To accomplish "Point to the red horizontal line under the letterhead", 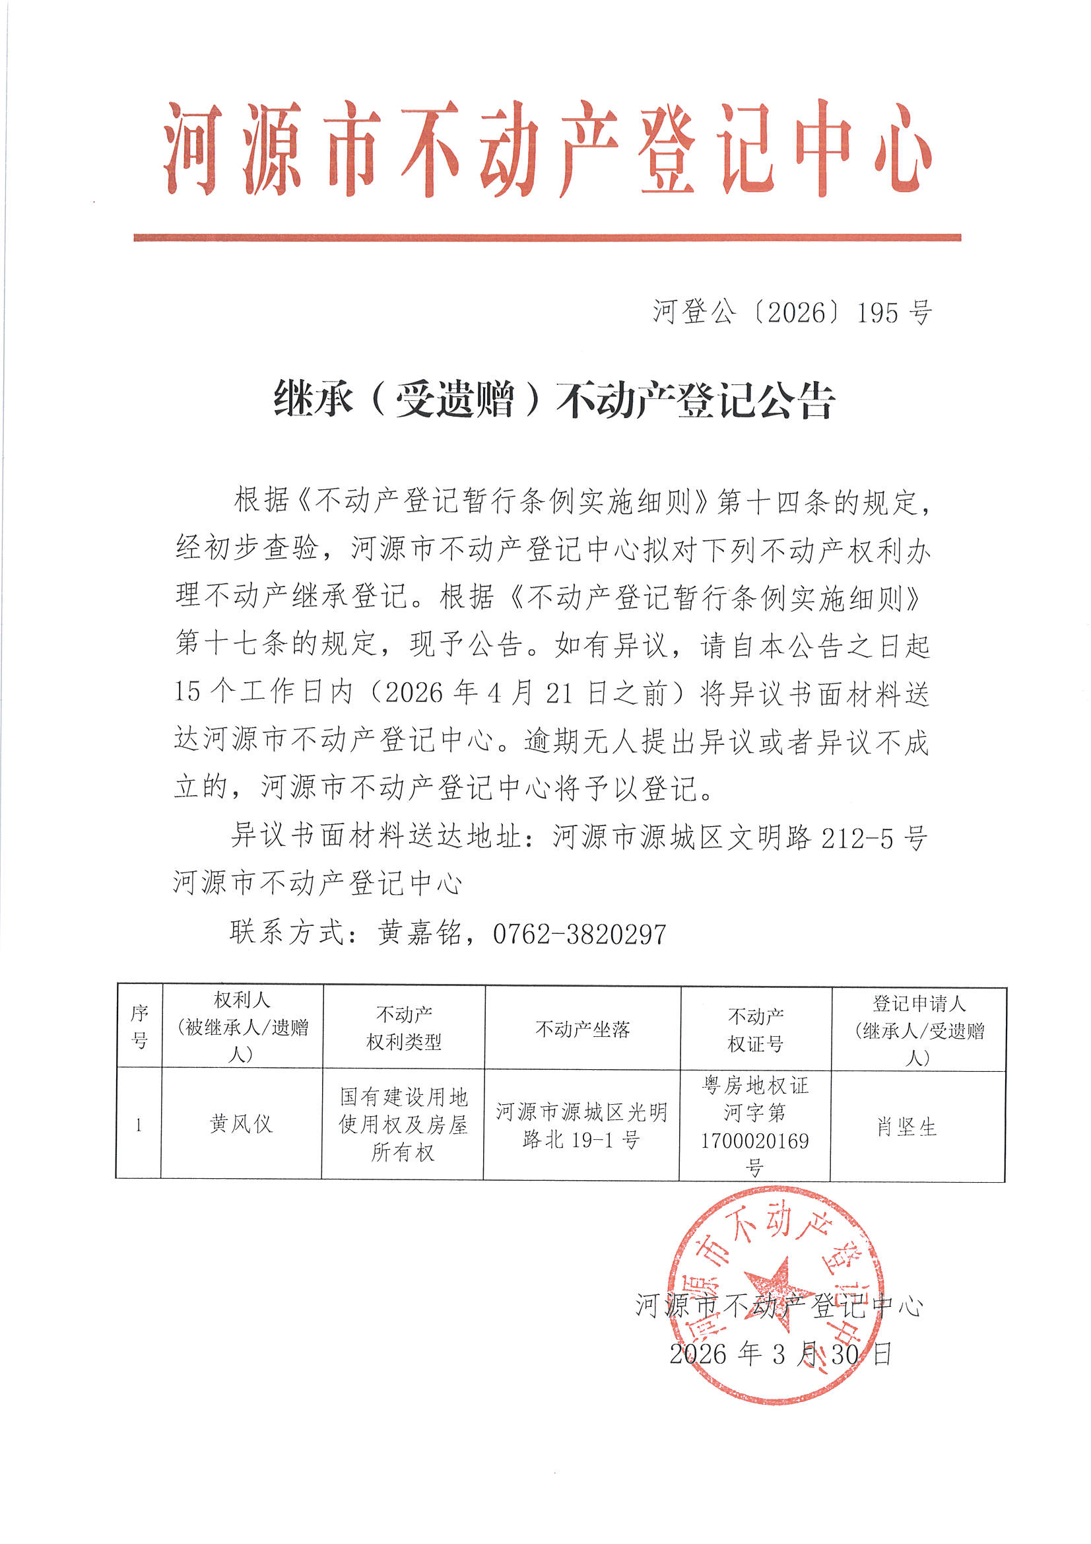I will pyautogui.click(x=547, y=237).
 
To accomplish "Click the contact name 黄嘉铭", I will pyautogui.click(x=419, y=933).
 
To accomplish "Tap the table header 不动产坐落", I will pyautogui.click(x=582, y=1029).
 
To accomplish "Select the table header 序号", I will pyautogui.click(x=139, y=1027).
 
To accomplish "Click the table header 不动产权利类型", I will pyautogui.click(x=403, y=1028).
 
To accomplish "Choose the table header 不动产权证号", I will pyautogui.click(x=756, y=1030).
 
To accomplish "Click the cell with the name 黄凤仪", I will pyautogui.click(x=242, y=1124).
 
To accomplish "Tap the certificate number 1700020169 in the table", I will pyautogui.click(x=755, y=1140).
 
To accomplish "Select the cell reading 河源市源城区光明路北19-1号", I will pyautogui.click(x=581, y=1125).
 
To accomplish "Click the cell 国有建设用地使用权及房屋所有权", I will pyautogui.click(x=403, y=1125).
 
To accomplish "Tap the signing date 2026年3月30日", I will pyautogui.click(x=780, y=1353).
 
